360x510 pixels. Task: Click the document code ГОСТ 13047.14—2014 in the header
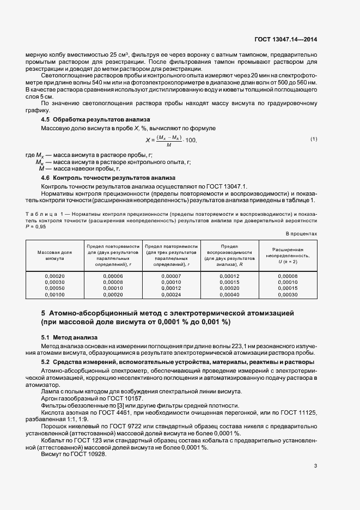[286, 40]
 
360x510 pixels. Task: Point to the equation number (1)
[314, 139]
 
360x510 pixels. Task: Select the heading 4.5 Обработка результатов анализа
[96, 119]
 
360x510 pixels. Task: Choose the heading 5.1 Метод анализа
[69, 337]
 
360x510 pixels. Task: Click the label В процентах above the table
[302, 233]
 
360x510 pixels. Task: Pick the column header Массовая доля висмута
[54, 256]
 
